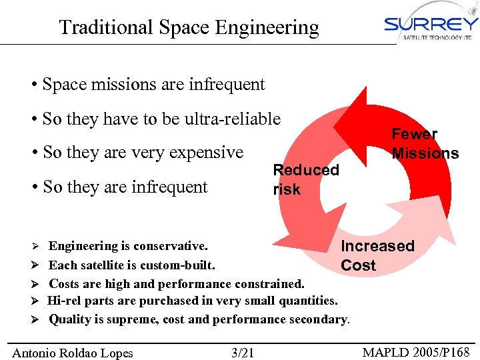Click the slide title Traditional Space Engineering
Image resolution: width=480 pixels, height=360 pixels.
[189, 27]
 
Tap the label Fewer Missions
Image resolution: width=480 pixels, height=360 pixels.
[425, 144]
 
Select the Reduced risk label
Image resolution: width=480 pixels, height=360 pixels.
[306, 179]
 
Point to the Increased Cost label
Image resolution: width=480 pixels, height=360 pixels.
[377, 255]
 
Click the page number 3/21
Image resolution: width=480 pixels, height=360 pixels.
[242, 353]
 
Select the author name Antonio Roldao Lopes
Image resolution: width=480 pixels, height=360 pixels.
[73, 353]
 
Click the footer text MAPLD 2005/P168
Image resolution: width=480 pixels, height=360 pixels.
[417, 352]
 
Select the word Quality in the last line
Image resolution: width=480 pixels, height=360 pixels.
[70, 319]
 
